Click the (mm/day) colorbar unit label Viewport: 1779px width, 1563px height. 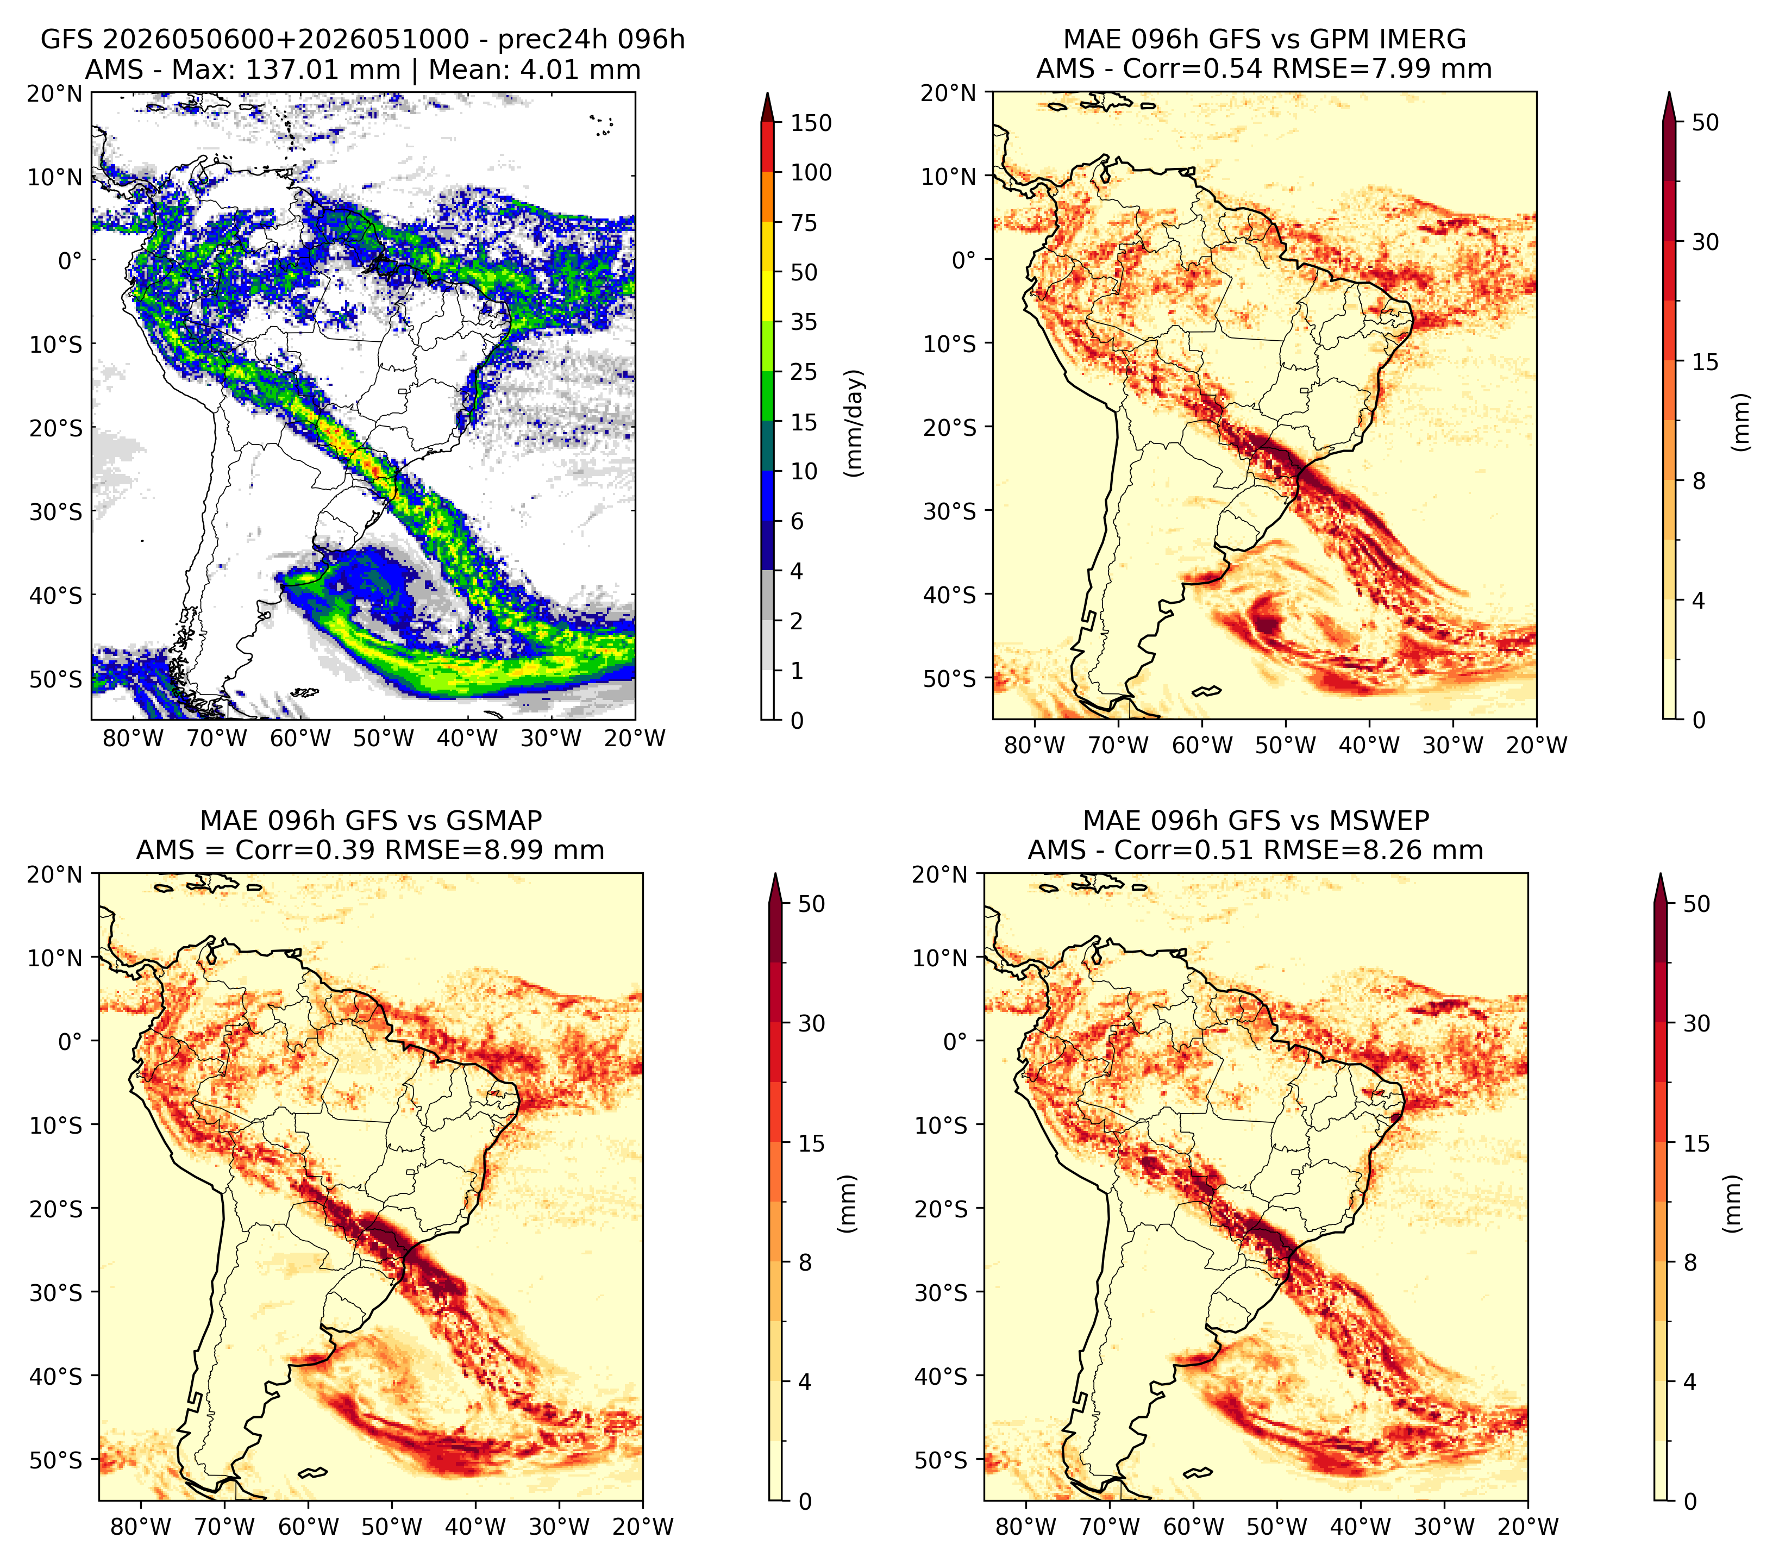point(856,423)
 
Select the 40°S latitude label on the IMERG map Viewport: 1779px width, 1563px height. point(950,595)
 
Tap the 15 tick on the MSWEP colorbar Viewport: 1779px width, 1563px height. point(1697,1143)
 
